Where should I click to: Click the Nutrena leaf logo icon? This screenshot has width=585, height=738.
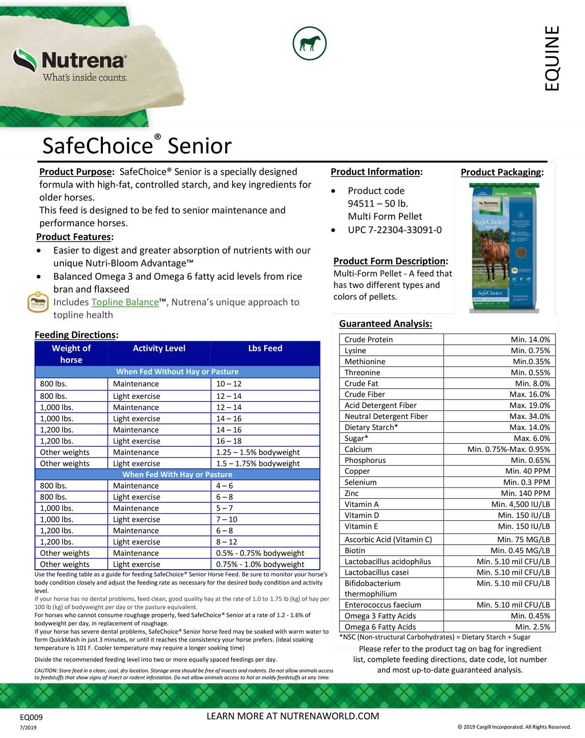coord(25,60)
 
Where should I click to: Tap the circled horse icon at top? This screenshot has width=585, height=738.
coord(309,43)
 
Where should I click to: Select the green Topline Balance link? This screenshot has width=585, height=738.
coord(125,302)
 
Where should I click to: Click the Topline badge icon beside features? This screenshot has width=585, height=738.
coord(38,303)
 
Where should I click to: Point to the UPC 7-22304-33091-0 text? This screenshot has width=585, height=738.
coord(394,230)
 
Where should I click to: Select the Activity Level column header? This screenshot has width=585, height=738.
coord(159,348)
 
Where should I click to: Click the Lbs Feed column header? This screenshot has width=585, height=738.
coord(265,348)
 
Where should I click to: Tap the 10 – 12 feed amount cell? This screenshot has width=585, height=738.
coord(229,384)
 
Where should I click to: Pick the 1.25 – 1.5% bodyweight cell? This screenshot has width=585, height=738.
coord(258,452)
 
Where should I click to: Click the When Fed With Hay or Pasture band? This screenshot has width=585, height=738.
coord(177,474)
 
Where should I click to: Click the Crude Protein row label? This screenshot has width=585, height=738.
coord(369,339)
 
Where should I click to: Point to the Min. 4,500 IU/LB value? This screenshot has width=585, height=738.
coord(520,504)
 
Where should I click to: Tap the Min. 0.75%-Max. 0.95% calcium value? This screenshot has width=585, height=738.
coord(508,449)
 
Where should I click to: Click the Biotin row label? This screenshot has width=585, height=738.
coord(354,551)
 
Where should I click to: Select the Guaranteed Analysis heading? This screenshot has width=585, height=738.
coord(385,324)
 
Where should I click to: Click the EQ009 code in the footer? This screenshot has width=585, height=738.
coord(31,717)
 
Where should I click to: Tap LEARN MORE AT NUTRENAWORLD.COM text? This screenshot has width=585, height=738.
coord(293,716)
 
